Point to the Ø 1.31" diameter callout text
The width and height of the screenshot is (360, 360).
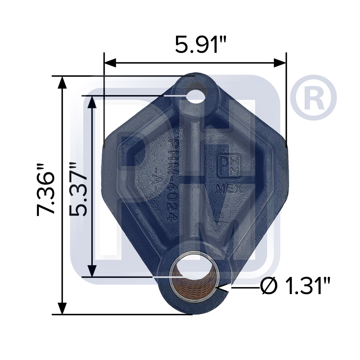point(295,287)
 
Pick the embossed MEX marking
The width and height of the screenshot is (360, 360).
point(229,189)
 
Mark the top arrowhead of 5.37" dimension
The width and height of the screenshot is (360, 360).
point(93,102)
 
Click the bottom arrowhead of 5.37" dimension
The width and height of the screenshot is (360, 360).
point(93,271)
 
